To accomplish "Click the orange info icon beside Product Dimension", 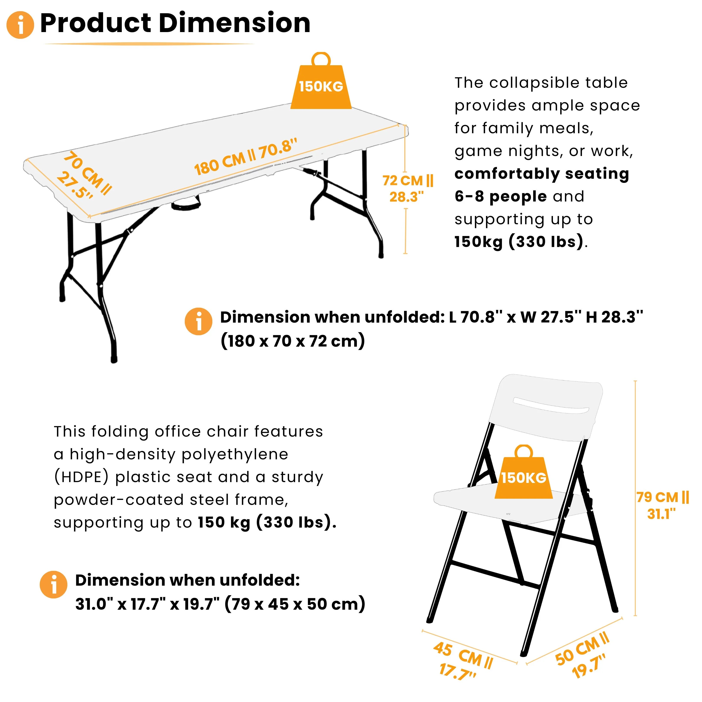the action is [20, 25].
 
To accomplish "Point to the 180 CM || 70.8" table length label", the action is [246, 157].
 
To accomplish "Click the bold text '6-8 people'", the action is [501, 197].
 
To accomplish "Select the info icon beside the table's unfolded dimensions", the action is [198, 321].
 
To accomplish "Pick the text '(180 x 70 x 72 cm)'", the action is [292, 341].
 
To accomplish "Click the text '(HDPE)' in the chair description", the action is [81, 477].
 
